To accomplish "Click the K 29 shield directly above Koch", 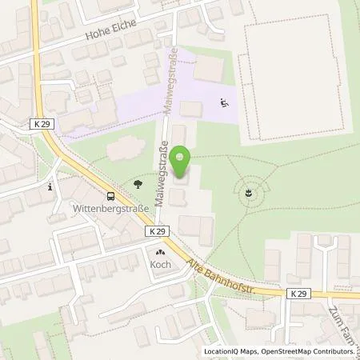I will [157, 230].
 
